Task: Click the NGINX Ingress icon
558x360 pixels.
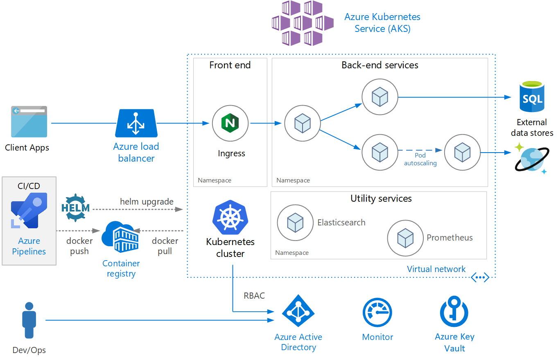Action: [230, 123]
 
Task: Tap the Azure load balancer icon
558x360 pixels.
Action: [136, 123]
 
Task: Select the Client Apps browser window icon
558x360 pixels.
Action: [29, 122]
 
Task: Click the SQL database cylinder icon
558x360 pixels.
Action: [532, 97]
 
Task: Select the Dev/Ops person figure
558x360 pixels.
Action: [29, 321]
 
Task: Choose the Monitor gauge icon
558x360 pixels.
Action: [377, 313]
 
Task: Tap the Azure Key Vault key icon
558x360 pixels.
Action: [454, 313]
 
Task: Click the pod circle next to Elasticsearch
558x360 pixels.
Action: [295, 223]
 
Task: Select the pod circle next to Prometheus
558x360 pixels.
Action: [405, 238]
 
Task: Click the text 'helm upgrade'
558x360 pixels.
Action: [147, 202]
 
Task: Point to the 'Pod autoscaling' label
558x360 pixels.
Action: [420, 159]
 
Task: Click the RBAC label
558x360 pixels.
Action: [254, 295]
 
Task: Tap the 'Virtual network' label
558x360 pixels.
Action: [436, 269]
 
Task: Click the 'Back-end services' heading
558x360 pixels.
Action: [380, 65]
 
